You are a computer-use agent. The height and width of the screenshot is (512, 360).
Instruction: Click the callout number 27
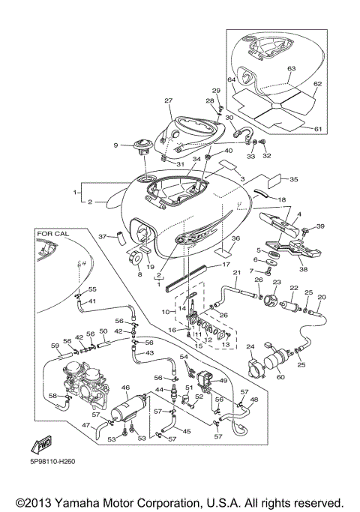tap(169, 101)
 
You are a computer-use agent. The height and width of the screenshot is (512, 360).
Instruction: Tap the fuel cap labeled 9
tap(142, 145)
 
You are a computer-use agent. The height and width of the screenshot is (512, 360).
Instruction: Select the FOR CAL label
tap(52, 233)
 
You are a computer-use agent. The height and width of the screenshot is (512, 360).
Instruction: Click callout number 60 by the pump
tap(281, 377)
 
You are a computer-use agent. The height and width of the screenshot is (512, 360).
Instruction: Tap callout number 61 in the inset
tap(317, 129)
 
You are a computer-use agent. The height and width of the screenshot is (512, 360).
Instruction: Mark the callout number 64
tap(232, 80)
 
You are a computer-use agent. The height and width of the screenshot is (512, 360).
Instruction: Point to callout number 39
tap(318, 226)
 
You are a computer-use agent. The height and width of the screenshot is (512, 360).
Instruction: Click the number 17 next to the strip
tap(225, 264)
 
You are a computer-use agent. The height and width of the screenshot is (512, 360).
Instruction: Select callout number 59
tap(55, 346)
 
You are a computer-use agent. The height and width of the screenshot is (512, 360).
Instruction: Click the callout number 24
tap(250, 346)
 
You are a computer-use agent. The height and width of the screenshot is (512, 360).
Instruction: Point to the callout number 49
tap(224, 381)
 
